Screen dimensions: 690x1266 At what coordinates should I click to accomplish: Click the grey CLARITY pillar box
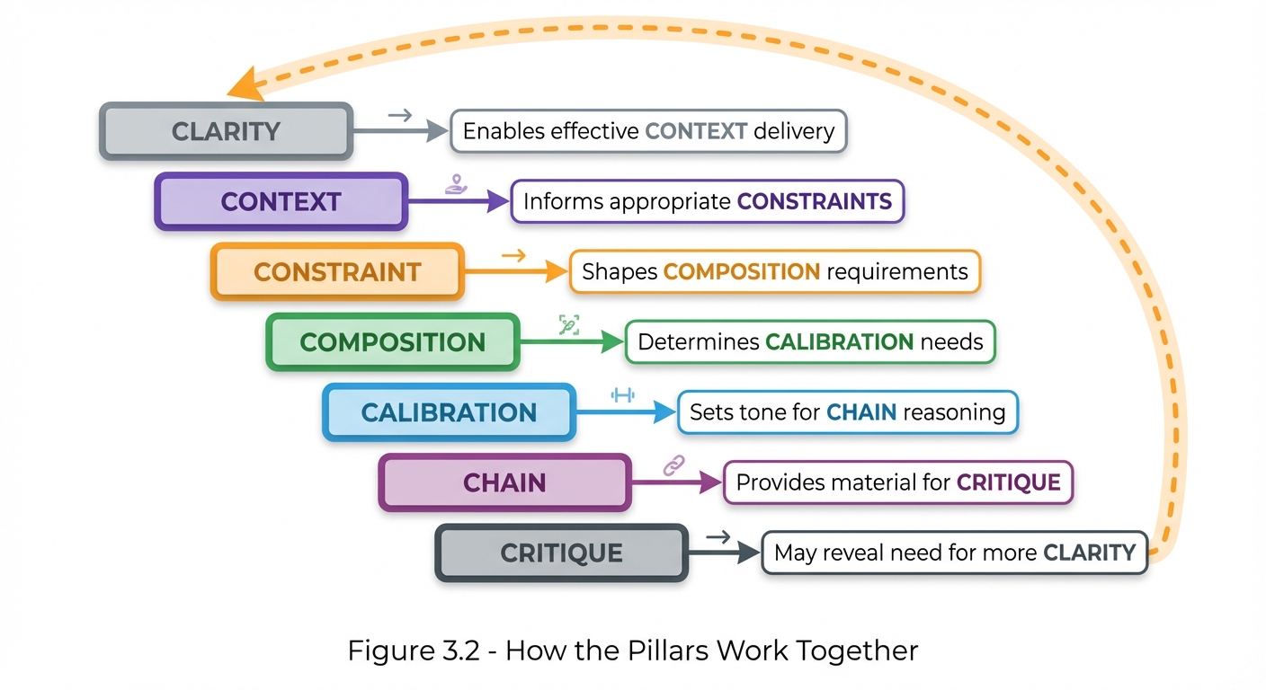click(x=225, y=132)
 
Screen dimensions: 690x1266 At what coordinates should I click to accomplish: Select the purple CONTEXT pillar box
click(x=281, y=202)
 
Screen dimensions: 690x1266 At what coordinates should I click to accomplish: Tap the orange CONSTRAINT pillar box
click(x=337, y=272)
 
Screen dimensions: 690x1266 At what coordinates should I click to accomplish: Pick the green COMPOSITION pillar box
click(x=393, y=342)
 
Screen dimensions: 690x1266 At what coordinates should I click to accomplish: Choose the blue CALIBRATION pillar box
click(x=449, y=412)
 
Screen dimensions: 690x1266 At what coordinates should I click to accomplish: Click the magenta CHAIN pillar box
click(x=504, y=482)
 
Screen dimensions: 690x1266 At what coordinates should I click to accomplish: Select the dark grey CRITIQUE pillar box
click(x=561, y=553)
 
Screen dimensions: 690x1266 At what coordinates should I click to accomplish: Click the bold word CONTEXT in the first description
click(x=696, y=132)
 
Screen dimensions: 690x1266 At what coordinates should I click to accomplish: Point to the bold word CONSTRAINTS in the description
click(x=814, y=201)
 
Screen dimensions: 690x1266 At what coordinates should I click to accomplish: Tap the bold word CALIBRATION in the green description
click(x=839, y=341)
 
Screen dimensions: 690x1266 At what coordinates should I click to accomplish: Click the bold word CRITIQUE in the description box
click(x=1008, y=482)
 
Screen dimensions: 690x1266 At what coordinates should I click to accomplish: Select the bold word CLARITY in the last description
click(x=1089, y=552)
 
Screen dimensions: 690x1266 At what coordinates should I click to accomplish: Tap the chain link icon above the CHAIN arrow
click(x=673, y=464)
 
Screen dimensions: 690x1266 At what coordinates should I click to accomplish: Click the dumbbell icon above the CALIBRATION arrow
click(x=622, y=394)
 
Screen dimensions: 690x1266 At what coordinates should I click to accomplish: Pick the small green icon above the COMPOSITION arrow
click(x=568, y=324)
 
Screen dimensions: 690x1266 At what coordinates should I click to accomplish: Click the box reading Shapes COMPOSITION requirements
click(x=774, y=271)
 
